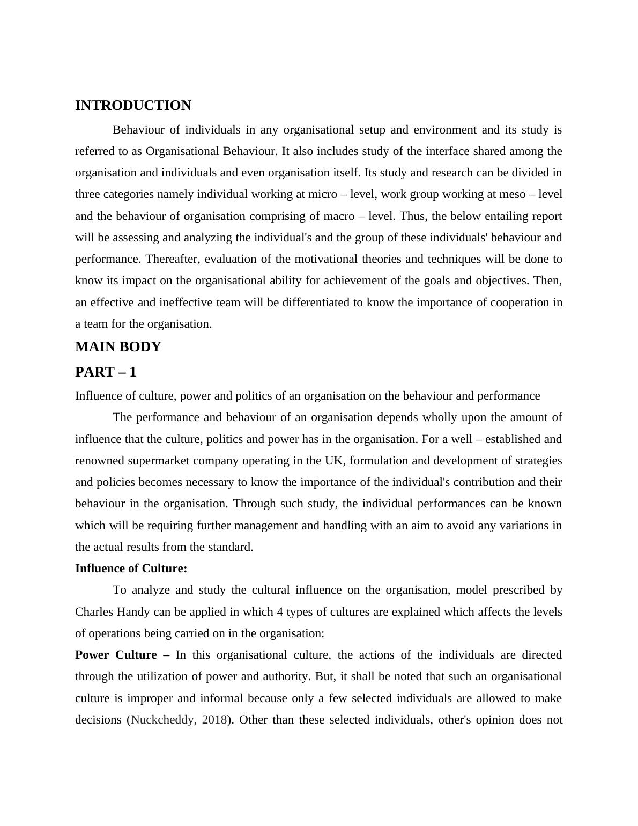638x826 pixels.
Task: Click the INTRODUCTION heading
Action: coord(133,106)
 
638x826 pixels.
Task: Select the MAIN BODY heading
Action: coord(118,347)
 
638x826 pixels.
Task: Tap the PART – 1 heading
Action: coord(106,372)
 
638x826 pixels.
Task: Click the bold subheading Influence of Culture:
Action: coord(131,569)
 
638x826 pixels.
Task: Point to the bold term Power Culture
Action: coord(116,655)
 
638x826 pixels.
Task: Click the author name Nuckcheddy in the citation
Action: coord(163,720)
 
